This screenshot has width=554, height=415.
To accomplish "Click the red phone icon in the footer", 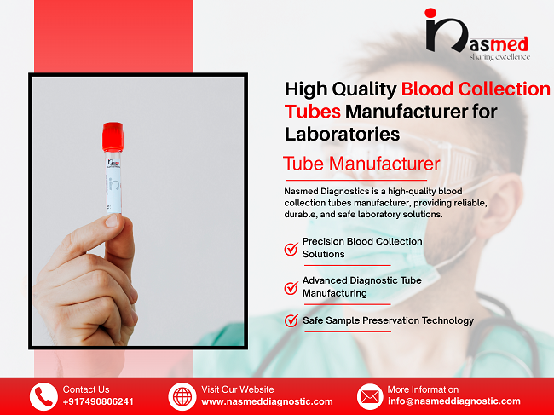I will (x=43, y=396).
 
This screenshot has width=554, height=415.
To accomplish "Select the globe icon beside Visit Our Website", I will (x=182, y=396).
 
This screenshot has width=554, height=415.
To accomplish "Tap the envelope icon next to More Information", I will (x=369, y=396).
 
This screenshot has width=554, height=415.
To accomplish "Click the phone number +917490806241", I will (x=98, y=401).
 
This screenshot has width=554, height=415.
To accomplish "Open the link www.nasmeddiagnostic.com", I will (x=267, y=401).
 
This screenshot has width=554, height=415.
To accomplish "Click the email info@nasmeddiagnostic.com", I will (x=453, y=401).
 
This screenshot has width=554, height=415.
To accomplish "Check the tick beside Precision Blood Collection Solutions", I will (x=291, y=249).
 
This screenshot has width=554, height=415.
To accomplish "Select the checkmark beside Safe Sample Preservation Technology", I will (x=291, y=321).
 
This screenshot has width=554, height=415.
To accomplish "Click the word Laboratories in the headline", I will (x=342, y=134).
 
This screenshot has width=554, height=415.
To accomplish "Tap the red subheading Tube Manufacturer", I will (x=361, y=163).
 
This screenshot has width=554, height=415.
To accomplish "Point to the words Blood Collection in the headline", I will (x=476, y=89).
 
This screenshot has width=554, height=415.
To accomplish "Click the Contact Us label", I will (x=86, y=389).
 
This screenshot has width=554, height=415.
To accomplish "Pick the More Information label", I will (x=423, y=389).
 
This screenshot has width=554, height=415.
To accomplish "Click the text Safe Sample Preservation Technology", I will (x=388, y=320).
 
